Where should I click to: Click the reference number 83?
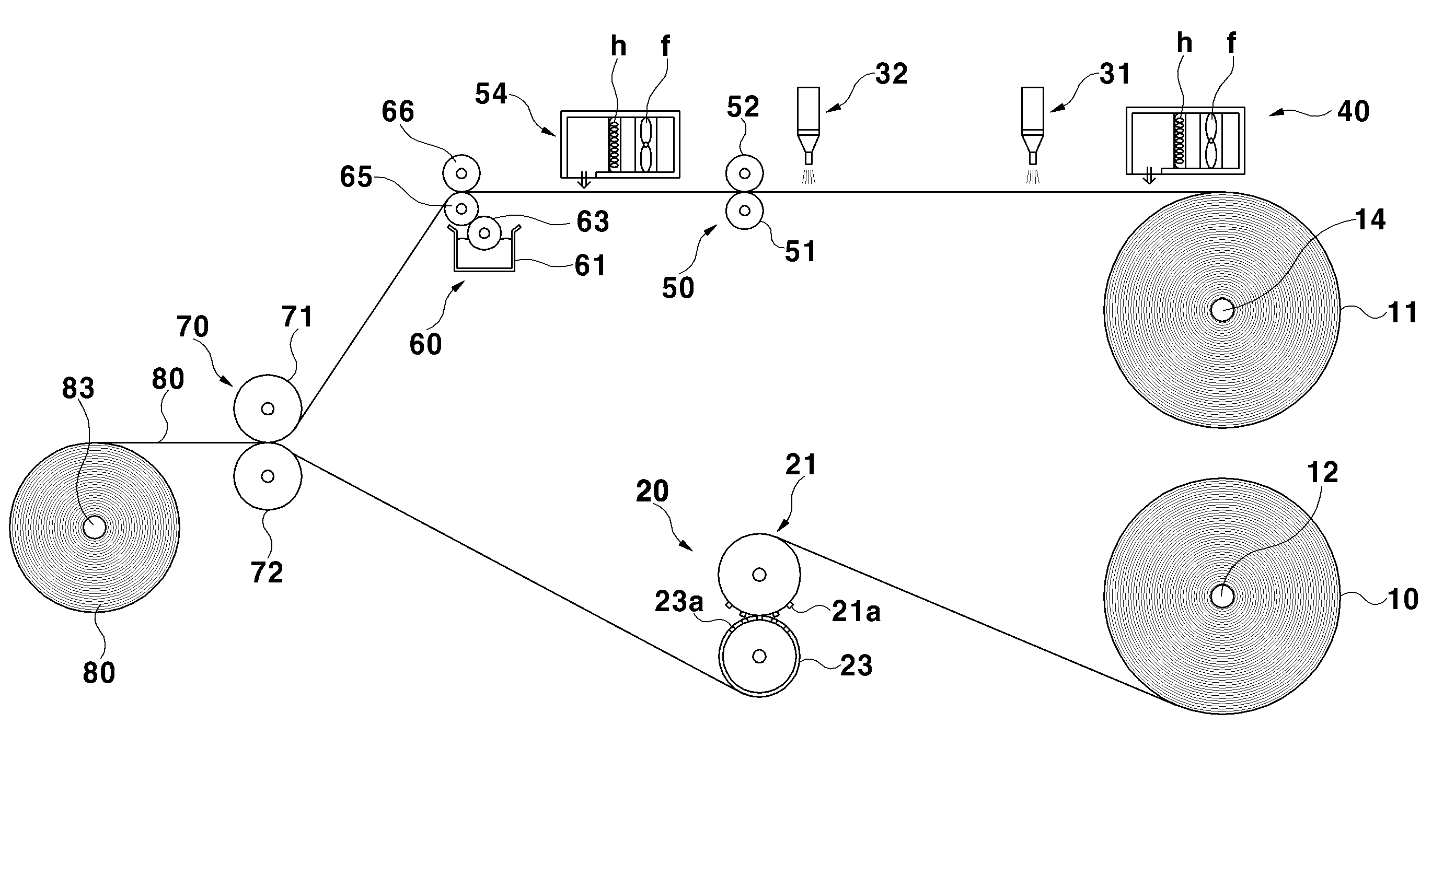[x=78, y=389]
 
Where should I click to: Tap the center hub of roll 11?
[x=1222, y=310]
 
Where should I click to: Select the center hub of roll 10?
[x=1222, y=597]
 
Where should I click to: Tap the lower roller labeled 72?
[x=268, y=476]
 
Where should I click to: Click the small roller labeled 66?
[x=461, y=173]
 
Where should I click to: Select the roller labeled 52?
[x=745, y=173]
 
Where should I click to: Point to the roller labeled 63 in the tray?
[x=484, y=233]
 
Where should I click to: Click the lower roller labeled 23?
[x=759, y=656]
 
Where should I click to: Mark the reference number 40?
[x=1353, y=112]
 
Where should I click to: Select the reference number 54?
[x=491, y=94]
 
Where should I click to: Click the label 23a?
[x=679, y=602]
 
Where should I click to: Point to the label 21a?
[x=856, y=612]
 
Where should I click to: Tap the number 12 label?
[x=1322, y=473]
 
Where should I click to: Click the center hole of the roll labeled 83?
[x=95, y=528]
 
